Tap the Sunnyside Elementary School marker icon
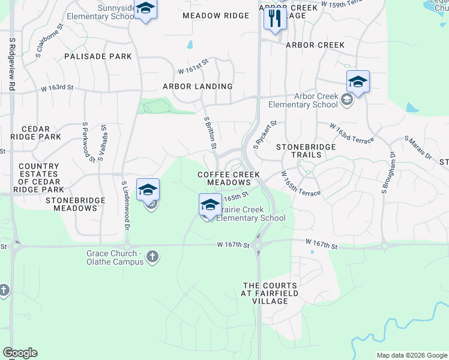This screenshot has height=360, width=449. click(145, 10)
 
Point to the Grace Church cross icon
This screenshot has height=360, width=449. click(152, 257)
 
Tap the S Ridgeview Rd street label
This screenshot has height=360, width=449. click(11, 64)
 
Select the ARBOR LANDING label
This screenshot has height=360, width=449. click(197, 86)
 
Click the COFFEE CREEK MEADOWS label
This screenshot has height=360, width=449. click(225, 178)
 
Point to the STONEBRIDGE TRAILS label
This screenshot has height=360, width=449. click(298, 151)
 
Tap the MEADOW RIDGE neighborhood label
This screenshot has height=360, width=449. click(215, 16)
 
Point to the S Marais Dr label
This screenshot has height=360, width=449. click(418, 148)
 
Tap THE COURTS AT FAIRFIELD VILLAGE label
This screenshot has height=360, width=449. click(270, 293)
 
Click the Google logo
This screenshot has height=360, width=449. click(20, 353)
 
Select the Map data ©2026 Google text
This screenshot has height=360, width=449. click(411, 355)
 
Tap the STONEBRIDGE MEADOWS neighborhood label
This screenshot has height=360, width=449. click(71, 204)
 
